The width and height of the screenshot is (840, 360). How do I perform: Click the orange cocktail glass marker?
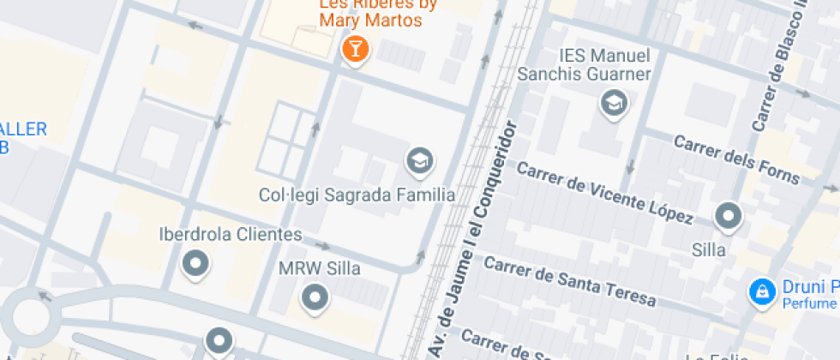click(x=355, y=48)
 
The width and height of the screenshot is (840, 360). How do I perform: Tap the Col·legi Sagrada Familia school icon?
click(x=419, y=160)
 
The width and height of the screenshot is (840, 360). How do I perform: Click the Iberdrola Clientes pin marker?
click(x=195, y=263)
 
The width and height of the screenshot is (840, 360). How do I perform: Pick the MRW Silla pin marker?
click(x=316, y=297)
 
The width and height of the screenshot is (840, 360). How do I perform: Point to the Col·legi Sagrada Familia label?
click(x=357, y=195)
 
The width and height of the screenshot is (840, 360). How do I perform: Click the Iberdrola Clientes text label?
click(x=231, y=234)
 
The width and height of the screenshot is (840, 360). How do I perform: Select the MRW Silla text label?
click(x=320, y=268)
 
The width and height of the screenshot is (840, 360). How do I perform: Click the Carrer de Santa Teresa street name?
click(x=569, y=279)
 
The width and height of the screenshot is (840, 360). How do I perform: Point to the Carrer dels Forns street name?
click(x=736, y=159)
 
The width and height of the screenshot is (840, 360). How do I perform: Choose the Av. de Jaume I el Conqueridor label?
click(x=475, y=240)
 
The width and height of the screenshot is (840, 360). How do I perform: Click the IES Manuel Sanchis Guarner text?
click(x=604, y=64)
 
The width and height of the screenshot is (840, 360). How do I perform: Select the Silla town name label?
click(x=709, y=250)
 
